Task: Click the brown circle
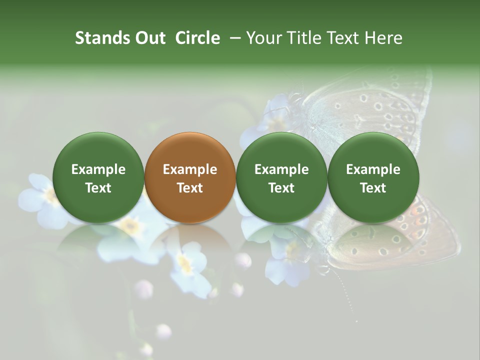(x=190, y=178)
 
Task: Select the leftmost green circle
(x=98, y=178)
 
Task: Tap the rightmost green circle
(x=373, y=178)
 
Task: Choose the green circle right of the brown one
(x=281, y=178)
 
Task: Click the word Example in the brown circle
(x=190, y=169)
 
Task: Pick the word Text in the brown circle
(x=190, y=188)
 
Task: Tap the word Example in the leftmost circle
(x=98, y=169)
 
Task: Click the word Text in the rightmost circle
(x=373, y=188)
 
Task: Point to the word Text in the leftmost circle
(x=98, y=188)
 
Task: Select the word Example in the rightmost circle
(x=373, y=169)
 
